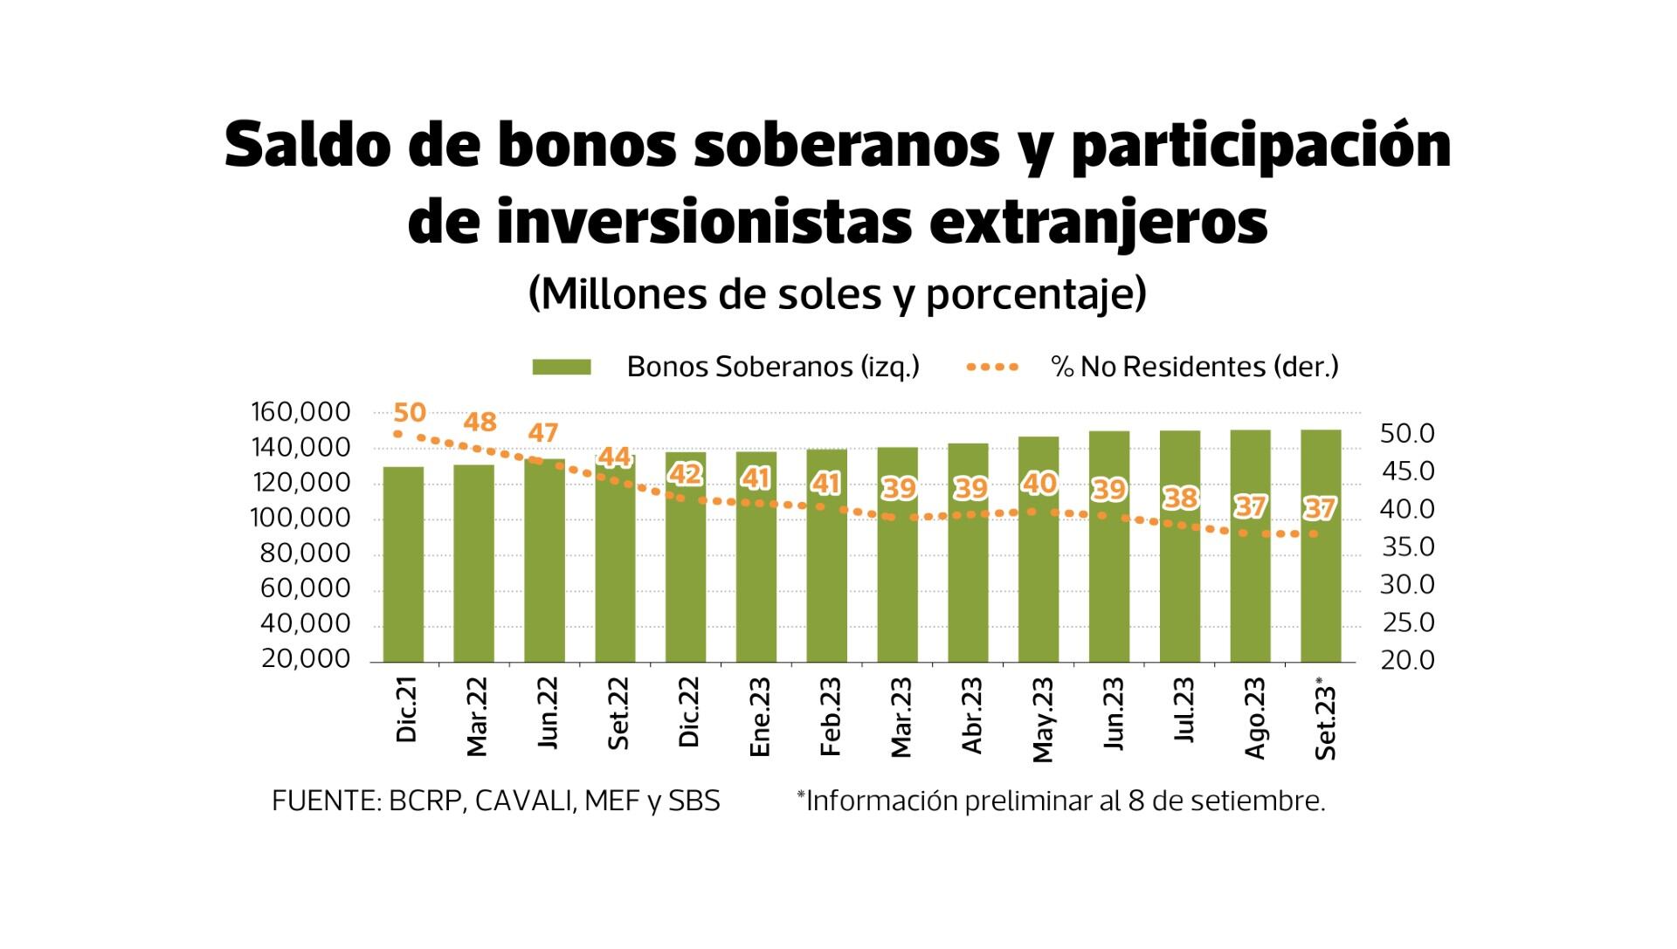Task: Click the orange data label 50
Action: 410,413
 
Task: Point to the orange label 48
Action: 480,423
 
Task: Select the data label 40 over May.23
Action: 1039,483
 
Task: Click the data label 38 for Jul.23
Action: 1181,498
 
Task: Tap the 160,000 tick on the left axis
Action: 300,412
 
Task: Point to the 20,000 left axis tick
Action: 305,659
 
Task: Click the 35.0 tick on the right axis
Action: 1407,547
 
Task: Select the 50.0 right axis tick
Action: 1407,434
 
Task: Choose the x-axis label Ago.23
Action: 1253,718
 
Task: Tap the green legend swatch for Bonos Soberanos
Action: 562,368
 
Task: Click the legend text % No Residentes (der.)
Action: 1195,367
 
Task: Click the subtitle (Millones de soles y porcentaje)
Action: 837,295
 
